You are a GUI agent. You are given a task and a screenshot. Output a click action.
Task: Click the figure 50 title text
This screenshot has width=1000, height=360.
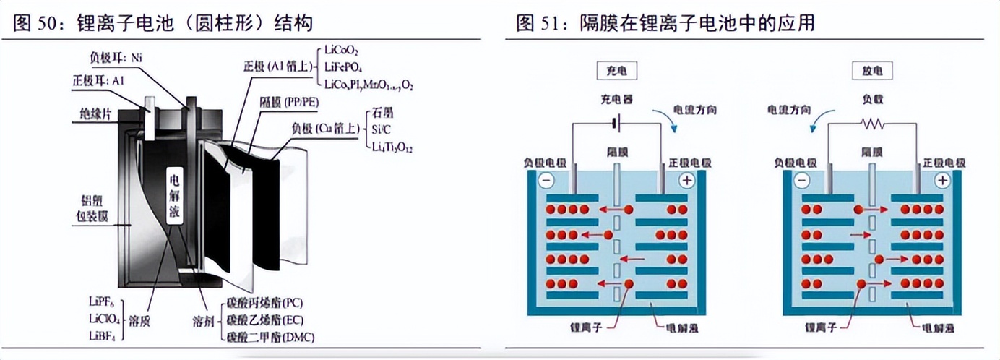tap(163, 23)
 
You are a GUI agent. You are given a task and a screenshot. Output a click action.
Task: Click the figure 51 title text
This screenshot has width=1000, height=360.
tap(665, 23)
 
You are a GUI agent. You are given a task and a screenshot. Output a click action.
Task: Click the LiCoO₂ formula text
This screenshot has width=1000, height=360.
tap(342, 51)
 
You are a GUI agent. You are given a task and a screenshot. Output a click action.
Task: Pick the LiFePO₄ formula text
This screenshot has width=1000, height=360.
tap(343, 67)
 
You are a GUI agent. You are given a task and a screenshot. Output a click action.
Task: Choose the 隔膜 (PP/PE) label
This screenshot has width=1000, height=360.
tap(291, 103)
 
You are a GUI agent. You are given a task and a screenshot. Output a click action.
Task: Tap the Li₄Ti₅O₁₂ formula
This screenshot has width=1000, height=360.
tap(394, 147)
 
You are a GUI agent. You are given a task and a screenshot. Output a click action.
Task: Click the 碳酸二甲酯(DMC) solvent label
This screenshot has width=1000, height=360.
tap(271, 338)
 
